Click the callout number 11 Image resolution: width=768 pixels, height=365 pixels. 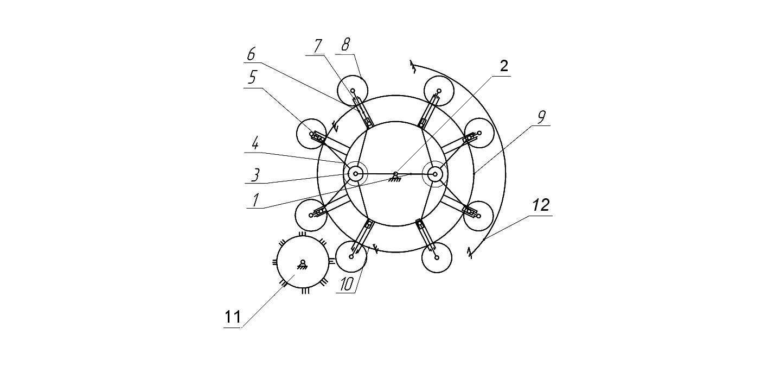233,317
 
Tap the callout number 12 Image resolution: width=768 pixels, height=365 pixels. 541,205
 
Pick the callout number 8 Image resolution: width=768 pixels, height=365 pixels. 345,45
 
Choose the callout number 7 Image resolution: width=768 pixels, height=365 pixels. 318,46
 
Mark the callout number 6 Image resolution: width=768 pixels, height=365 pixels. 251,54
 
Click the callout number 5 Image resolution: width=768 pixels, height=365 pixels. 252,78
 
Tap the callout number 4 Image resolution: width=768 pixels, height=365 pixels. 254,144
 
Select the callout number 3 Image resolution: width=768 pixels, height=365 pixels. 255,174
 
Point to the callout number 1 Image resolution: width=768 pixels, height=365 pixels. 255,200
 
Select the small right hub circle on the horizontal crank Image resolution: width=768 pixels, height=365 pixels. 435,174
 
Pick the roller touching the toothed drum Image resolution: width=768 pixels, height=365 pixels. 351,256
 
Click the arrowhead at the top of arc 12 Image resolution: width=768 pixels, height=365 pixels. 413,67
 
